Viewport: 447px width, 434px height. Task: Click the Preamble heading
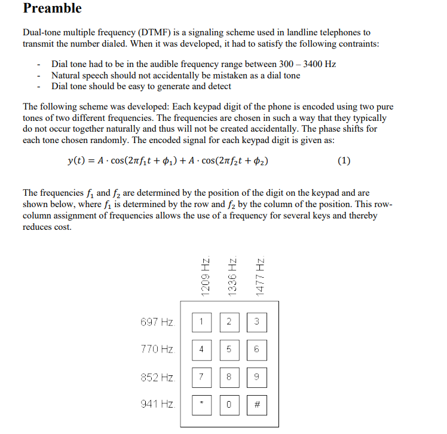tap(52, 8)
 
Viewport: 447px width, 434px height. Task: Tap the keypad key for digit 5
tap(229, 350)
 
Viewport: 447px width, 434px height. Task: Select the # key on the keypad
tap(256, 405)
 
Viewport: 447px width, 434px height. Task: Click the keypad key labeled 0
tap(229, 405)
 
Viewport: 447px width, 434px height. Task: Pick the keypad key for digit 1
tap(202, 323)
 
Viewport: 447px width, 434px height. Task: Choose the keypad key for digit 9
tap(256, 377)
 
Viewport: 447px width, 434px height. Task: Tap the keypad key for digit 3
tap(256, 323)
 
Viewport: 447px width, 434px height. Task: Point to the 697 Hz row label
tap(157, 323)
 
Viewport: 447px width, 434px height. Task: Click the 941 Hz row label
tap(157, 404)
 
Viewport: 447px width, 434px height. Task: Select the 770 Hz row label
tap(157, 350)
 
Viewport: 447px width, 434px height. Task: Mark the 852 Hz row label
tap(157, 377)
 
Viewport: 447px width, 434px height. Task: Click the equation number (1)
tap(344, 160)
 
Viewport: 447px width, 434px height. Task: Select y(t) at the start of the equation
tap(77, 160)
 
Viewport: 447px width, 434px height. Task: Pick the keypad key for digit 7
tap(202, 377)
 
